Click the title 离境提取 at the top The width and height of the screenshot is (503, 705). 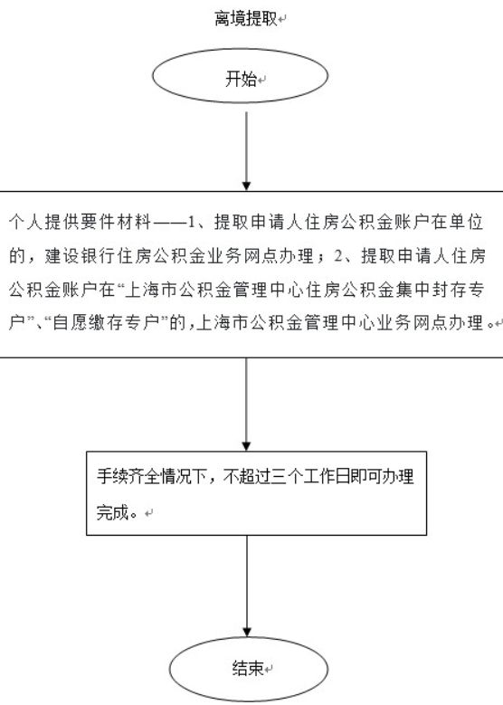pos(246,19)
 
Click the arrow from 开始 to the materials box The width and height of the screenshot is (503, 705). pos(246,151)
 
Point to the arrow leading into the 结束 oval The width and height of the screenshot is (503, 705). pos(247,586)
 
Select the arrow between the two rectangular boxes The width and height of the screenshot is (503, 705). pos(246,405)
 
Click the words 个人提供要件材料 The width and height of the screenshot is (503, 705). pos(80,222)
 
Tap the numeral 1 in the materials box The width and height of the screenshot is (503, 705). pos(192,222)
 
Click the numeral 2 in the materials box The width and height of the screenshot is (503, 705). pos(338,256)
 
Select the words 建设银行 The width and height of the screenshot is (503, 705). pos(81,256)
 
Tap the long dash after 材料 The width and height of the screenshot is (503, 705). pos(169,223)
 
